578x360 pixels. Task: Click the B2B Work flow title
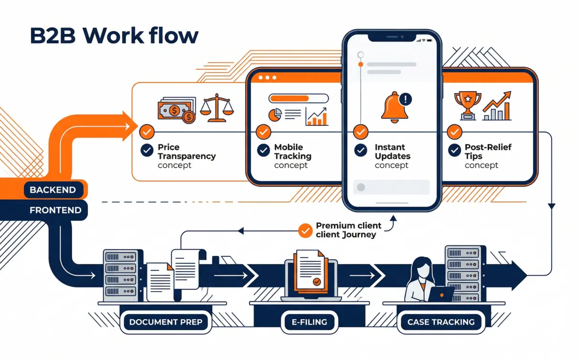114,36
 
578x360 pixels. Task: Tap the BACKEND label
53,190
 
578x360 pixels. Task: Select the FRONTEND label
55,210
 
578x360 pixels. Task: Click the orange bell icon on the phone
394,108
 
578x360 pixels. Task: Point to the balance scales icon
217,108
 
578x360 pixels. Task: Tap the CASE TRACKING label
441,322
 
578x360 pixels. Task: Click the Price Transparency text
186,152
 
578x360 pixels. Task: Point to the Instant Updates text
392,152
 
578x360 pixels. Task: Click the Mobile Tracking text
292,152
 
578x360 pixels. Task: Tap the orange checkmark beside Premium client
304,230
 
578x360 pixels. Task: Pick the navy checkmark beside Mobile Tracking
263,151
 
